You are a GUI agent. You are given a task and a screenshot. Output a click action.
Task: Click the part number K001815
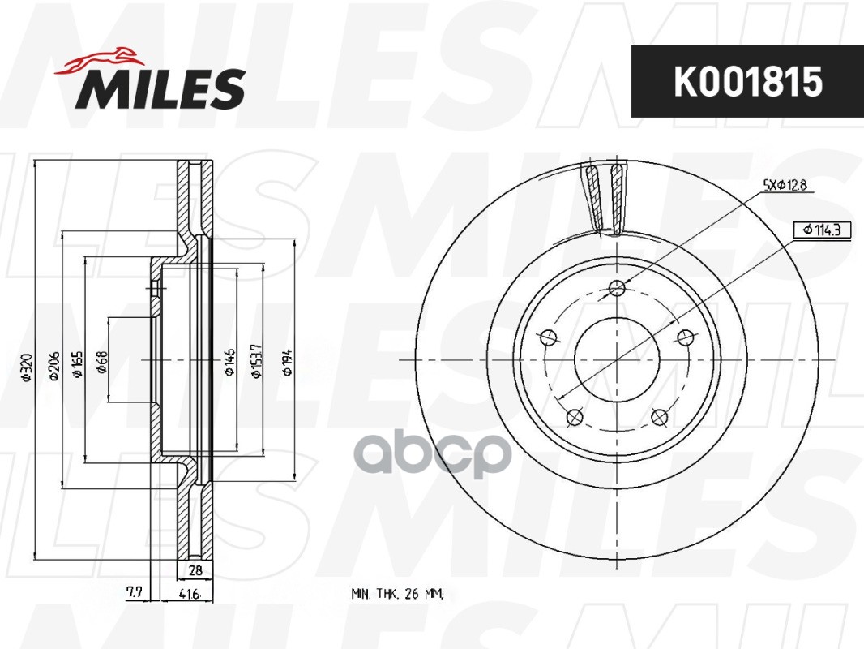tap(748, 82)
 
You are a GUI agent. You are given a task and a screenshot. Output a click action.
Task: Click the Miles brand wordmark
tap(160, 88)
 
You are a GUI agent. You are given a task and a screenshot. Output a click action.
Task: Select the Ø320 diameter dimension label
tap(27, 367)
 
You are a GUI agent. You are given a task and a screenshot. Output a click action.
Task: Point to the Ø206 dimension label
tap(53, 365)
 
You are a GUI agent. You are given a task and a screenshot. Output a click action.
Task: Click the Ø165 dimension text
tap(77, 364)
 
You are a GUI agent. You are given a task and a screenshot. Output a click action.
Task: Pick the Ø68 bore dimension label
tap(102, 362)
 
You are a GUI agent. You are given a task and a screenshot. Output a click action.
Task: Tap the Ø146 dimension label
tap(229, 363)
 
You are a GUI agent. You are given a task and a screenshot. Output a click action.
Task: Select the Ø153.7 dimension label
tap(256, 361)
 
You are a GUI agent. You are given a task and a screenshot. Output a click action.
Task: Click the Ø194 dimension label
tap(287, 363)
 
